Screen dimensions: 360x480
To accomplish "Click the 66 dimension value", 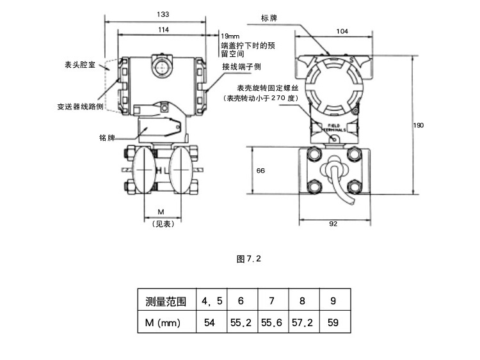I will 260,170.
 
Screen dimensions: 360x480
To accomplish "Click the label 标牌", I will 269,17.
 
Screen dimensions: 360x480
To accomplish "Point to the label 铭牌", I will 106,137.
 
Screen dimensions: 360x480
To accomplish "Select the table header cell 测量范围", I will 166,301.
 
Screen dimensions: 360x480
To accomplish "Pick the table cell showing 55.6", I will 271,323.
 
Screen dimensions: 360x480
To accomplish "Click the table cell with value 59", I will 333,323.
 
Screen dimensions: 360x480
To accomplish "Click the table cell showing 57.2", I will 302,323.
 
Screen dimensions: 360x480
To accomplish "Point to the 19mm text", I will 230,36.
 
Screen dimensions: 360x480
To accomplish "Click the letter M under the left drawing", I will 161,212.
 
